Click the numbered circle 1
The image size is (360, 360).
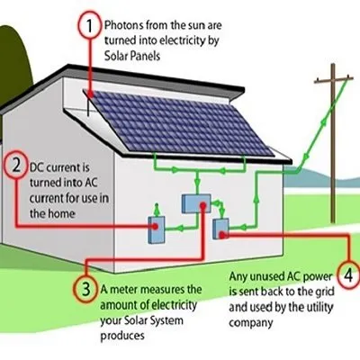87,26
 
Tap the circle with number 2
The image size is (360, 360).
15,165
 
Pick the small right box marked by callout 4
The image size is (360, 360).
220,229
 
